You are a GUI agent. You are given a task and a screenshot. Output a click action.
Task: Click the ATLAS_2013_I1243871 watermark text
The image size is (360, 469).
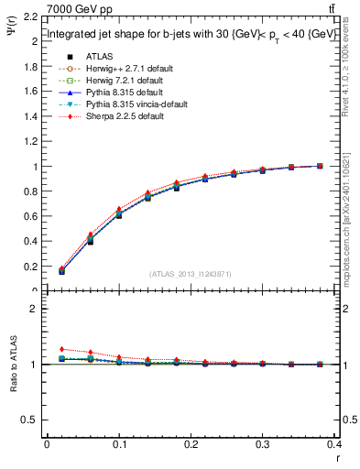190,274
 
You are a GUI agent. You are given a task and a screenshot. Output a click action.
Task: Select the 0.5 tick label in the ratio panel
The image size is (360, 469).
30,420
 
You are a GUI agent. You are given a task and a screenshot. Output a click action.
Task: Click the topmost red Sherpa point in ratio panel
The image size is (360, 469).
61,349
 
